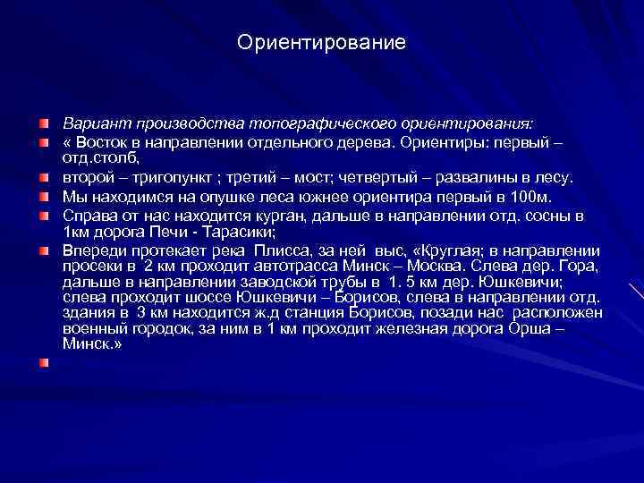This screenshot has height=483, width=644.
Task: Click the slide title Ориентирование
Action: tap(322, 42)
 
